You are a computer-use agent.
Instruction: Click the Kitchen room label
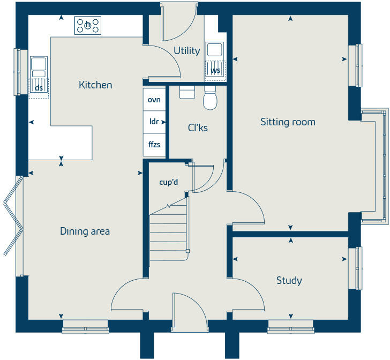click(x=95, y=85)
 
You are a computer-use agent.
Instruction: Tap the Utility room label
click(x=186, y=51)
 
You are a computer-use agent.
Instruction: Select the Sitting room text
click(x=288, y=122)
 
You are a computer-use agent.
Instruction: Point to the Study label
click(x=289, y=280)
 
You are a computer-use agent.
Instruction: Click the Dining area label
click(x=85, y=231)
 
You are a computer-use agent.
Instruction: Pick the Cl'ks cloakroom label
click(x=197, y=128)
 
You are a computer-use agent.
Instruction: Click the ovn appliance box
click(x=154, y=100)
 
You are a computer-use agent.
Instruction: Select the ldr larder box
click(x=154, y=122)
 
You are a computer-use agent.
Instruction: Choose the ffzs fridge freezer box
click(x=154, y=144)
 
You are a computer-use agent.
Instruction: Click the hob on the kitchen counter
click(x=87, y=25)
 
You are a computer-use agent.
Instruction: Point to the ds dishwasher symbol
click(x=39, y=87)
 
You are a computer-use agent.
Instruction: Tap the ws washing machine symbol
click(x=215, y=70)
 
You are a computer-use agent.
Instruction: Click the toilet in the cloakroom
click(x=210, y=98)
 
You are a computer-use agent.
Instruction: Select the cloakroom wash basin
click(x=187, y=92)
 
